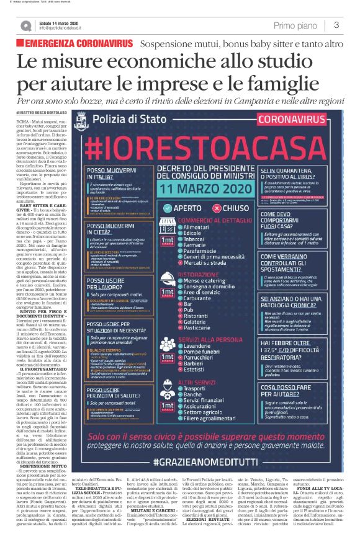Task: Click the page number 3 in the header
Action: [x=336, y=25]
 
